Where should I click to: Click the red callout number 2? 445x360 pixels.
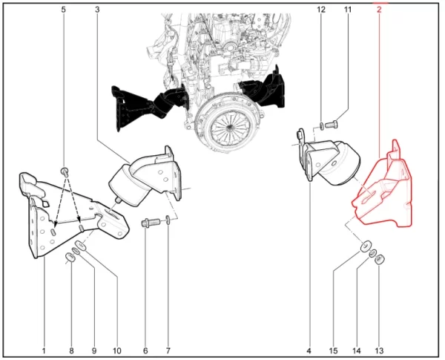tap(379, 10)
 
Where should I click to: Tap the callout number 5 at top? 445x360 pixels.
tap(63, 10)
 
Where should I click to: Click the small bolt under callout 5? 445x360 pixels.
tap(65, 171)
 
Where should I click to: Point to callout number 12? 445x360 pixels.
tap(321, 10)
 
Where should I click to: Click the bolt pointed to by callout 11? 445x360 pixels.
tap(332, 125)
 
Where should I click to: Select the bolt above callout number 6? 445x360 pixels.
tap(151, 222)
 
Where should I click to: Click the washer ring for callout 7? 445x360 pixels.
tap(168, 220)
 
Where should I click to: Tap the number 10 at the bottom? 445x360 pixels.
tap(117, 351)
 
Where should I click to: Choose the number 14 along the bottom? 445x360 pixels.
tap(357, 351)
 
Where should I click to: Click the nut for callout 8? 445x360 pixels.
tap(70, 258)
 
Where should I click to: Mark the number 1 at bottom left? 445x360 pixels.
tap(44, 351)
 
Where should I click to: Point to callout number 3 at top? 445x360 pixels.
tap(97, 10)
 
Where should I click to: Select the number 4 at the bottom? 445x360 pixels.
tap(309, 351)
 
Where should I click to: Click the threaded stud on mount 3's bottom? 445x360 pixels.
tap(117, 200)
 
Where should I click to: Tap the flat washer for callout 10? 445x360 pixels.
tap(80, 245)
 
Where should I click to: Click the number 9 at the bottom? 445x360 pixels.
tap(94, 351)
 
